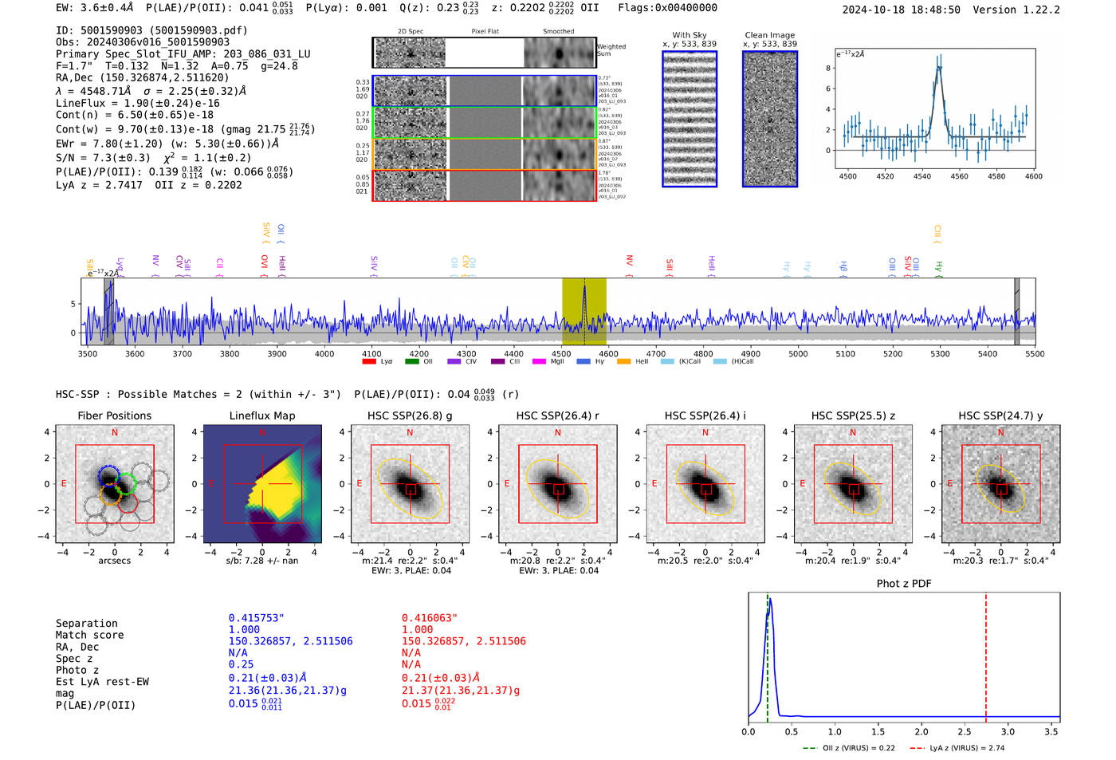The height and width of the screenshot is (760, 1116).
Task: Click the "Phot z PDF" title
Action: click(903, 584)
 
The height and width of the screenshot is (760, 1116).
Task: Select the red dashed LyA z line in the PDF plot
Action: click(985, 654)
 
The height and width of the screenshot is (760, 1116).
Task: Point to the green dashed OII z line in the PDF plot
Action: click(767, 654)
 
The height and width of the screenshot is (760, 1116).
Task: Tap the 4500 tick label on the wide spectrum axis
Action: click(561, 354)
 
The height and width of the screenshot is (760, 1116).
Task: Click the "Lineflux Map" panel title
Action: click(261, 415)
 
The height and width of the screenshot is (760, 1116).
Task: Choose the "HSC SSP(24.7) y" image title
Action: click(1000, 415)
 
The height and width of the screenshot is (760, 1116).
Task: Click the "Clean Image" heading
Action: click(769, 35)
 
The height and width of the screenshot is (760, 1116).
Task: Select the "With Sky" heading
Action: click(689, 35)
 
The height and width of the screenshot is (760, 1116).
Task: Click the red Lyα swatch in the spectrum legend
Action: click(369, 362)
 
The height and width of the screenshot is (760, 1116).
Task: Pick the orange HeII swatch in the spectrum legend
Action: click(623, 362)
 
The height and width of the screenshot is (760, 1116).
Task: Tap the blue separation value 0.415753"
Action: click(257, 618)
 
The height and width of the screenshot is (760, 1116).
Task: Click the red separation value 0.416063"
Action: click(430, 618)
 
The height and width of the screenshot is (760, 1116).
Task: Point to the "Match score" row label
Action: click(89, 636)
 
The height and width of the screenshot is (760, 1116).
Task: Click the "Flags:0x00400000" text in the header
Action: click(667, 8)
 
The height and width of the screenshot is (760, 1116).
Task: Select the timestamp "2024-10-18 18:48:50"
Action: click(901, 10)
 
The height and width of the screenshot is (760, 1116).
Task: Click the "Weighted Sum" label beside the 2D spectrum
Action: click(611, 50)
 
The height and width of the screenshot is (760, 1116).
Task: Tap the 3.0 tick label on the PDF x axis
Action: click(1008, 731)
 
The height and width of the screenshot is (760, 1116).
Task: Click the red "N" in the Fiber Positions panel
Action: click(115, 433)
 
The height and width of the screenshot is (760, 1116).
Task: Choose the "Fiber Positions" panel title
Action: click(114, 415)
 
